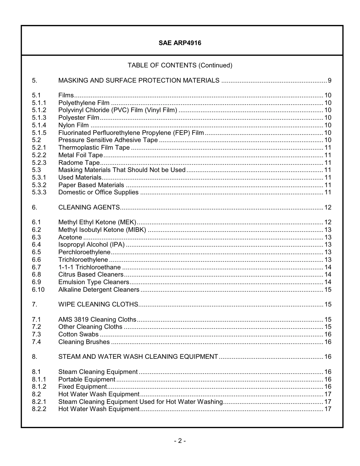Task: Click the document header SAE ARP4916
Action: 180,43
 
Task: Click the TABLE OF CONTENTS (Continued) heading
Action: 180,65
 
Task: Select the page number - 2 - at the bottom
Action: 180,441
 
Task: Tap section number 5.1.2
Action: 39,110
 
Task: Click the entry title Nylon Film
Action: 74,125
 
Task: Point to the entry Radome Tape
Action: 79,163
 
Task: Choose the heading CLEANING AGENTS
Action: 89,207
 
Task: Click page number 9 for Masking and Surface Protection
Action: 329,80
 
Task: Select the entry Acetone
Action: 70,237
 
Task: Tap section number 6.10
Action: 38,289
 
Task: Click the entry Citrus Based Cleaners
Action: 91,274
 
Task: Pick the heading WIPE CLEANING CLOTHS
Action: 98,304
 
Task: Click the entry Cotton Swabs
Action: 78,334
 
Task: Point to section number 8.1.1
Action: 39,379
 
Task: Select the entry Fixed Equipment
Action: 83,386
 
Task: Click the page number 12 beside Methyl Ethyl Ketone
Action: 328,222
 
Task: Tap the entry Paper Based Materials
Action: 91,185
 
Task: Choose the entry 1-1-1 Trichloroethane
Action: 89,267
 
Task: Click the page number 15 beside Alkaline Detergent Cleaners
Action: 328,289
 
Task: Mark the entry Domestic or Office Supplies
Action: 99,192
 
